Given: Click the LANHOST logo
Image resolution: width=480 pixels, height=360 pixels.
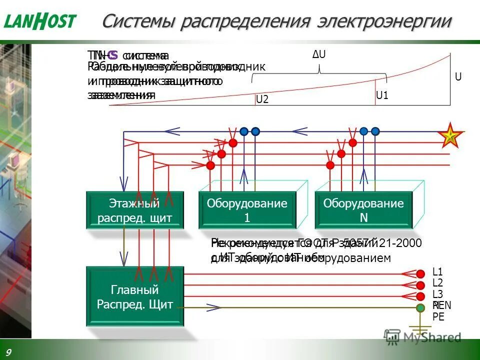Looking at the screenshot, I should point(40,21).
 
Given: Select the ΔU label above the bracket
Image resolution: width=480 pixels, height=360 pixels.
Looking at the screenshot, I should point(319,54).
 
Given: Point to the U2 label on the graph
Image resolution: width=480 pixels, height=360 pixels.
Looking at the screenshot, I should point(262,99).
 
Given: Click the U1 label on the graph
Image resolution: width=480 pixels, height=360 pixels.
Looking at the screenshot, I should point(382,95).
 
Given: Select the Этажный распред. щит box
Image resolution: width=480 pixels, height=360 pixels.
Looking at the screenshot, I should point(134,210).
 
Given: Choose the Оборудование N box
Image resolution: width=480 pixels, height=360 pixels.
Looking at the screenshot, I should point(363,210).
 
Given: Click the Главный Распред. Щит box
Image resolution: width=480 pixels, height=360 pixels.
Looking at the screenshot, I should point(134,296).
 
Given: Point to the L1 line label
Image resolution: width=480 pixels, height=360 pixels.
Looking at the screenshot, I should point(437,272).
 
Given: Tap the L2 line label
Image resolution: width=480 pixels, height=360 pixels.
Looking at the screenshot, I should point(437,283).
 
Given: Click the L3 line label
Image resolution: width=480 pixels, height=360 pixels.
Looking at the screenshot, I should point(437,294).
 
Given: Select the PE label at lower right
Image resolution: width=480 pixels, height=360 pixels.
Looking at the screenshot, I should point(438,316).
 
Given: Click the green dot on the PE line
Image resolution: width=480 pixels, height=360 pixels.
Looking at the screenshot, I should point(421,307).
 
